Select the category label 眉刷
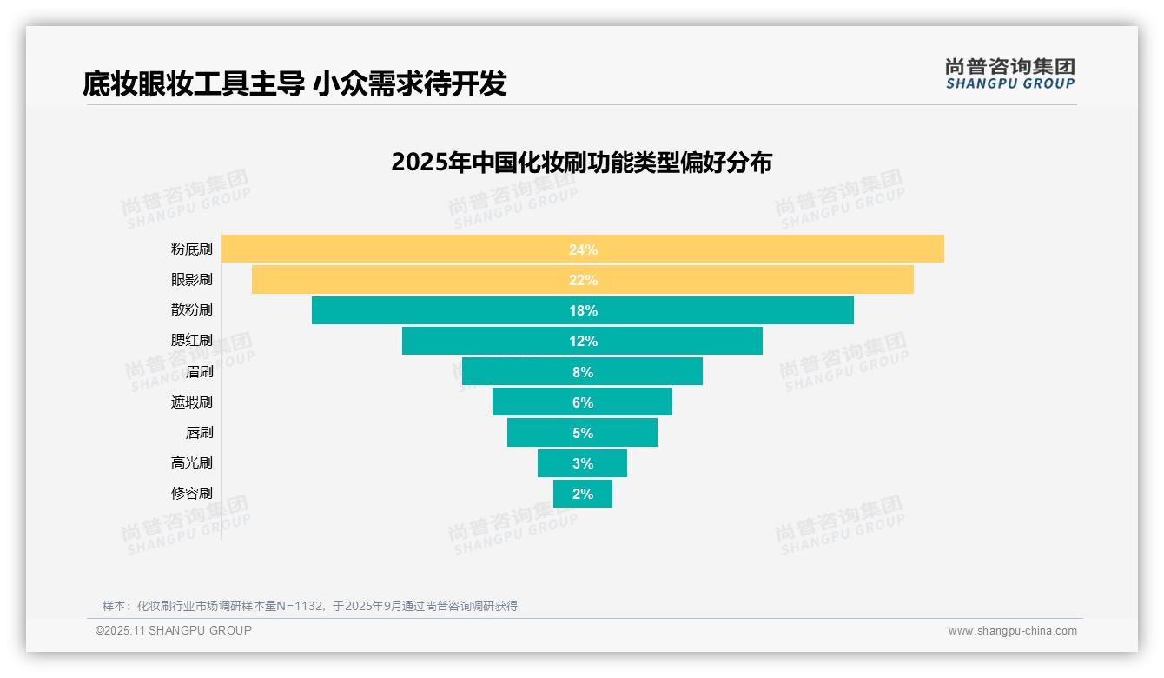pyautogui.click(x=199, y=372)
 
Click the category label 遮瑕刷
pyautogui.click(x=191, y=402)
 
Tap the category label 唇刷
pyautogui.click(x=199, y=433)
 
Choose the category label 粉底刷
pyautogui.click(x=191, y=249)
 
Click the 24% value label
pyautogui.click(x=583, y=249)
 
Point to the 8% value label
pyautogui.click(x=583, y=372)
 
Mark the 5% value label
pyautogui.click(x=583, y=433)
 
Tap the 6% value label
pyautogui.click(x=583, y=402)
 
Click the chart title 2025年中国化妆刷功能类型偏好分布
pyautogui.click(x=581, y=163)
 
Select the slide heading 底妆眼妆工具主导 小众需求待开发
pyautogui.click(x=294, y=83)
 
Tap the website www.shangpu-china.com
pyautogui.click(x=1012, y=631)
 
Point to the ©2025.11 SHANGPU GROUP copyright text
pyautogui.click(x=174, y=630)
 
